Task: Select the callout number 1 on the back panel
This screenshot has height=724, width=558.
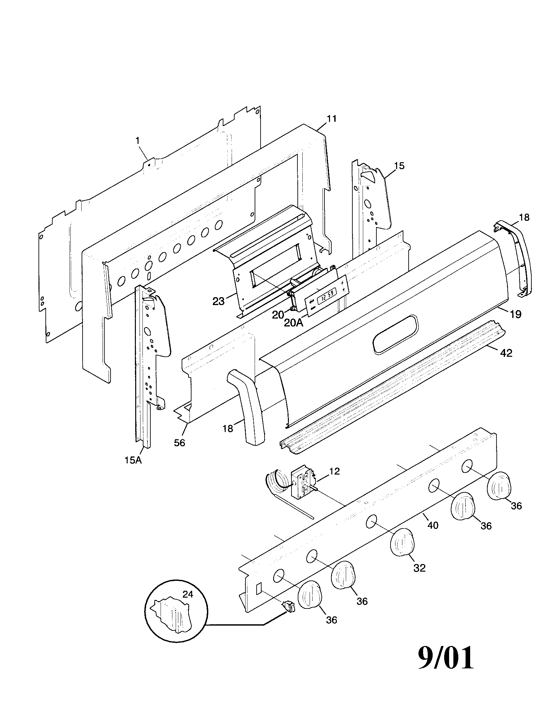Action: (x=137, y=141)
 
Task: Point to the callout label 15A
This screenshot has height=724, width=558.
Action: (x=133, y=460)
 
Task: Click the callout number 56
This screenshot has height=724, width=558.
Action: (x=179, y=443)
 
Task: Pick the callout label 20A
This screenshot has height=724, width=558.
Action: (x=293, y=323)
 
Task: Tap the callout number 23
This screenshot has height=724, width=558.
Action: (x=218, y=301)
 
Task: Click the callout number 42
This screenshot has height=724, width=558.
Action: (x=506, y=353)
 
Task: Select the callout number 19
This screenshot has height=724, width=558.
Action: (x=516, y=314)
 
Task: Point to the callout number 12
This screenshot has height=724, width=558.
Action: (x=335, y=471)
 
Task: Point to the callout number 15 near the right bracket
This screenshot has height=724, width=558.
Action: (x=400, y=166)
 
